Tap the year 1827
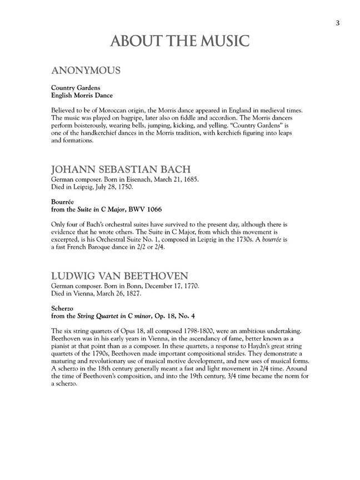coord(132,293)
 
